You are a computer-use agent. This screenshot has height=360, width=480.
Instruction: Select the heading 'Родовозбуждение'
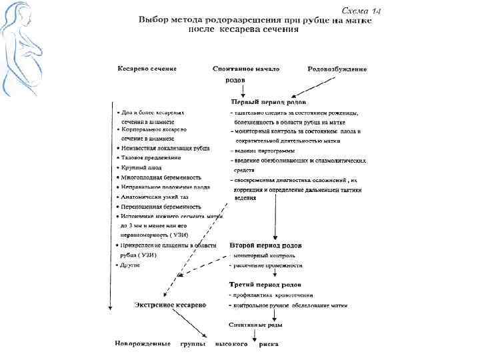pyautogui.click(x=337, y=69)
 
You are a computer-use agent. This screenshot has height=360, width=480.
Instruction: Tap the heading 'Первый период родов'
pyautogui.click(x=269, y=102)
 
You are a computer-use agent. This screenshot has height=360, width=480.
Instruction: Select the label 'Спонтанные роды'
pyautogui.click(x=255, y=325)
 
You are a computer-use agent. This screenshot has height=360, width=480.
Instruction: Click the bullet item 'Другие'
pyautogui.click(x=131, y=265)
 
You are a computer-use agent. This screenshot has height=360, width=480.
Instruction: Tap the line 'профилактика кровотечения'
pyautogui.click(x=272, y=295)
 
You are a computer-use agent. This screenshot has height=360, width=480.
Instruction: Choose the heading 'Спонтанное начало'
pyautogui.click(x=246, y=69)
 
